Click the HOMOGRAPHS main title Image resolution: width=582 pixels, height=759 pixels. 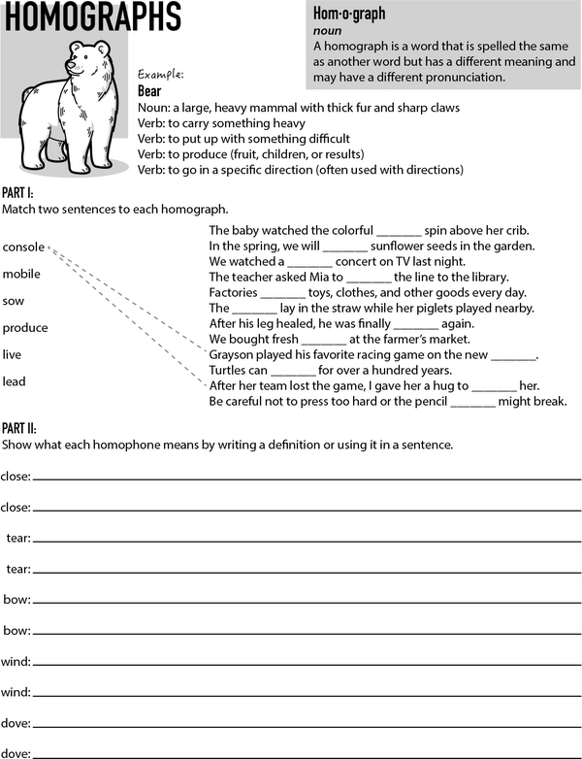coord(91,16)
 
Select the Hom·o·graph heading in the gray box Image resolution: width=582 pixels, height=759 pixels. coord(349,14)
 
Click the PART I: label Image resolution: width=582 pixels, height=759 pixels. coord(19,194)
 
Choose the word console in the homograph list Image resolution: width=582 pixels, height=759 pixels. coord(23,247)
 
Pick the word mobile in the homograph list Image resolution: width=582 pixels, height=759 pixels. coord(21,274)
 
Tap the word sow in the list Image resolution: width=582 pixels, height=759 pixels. coord(14,301)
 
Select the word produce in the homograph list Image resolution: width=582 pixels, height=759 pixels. coord(25,328)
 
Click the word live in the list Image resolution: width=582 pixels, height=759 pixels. coord(12,354)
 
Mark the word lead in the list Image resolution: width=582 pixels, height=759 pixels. coord(14,381)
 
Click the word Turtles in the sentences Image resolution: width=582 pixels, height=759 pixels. coord(230,371)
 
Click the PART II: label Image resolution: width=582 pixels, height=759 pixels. coord(20,428)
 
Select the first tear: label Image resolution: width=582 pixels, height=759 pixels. coord(16,538)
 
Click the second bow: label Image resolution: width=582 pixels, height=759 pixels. coord(16,631)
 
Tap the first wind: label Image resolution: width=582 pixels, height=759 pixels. coord(16,662)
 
